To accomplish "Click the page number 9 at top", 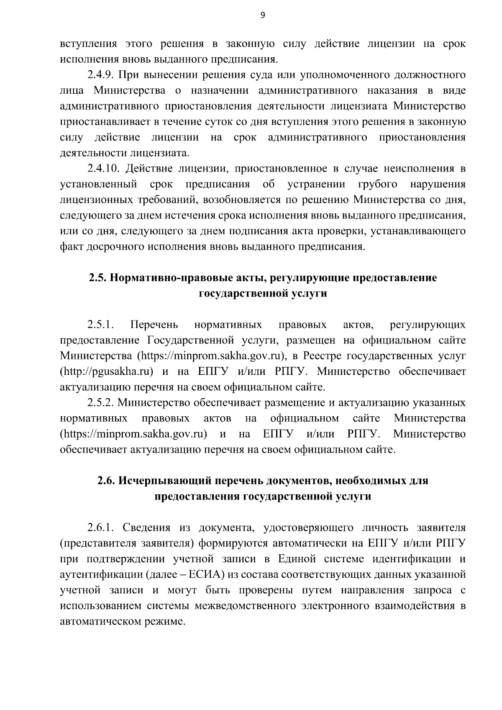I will [262, 15].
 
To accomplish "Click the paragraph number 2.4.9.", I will [101, 75].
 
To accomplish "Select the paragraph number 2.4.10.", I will [103, 169].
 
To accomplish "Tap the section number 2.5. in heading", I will [97, 278].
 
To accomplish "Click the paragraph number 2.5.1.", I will [101, 325].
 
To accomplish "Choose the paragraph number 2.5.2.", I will [101, 402].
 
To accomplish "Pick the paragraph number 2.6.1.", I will [101, 528].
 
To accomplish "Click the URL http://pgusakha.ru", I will [105, 372].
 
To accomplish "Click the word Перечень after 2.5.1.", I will [154, 325].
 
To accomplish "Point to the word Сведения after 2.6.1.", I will [149, 528].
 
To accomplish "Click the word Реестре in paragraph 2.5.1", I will [322, 356].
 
